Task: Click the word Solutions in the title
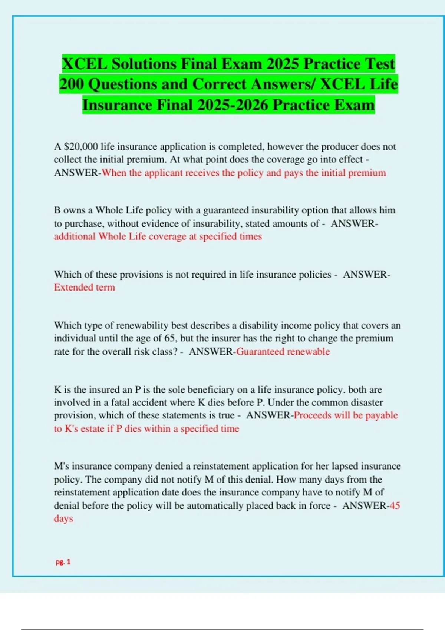144,64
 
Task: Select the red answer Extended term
84,287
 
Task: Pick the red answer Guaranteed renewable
283,351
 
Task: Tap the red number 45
395,505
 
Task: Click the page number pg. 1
63,562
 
